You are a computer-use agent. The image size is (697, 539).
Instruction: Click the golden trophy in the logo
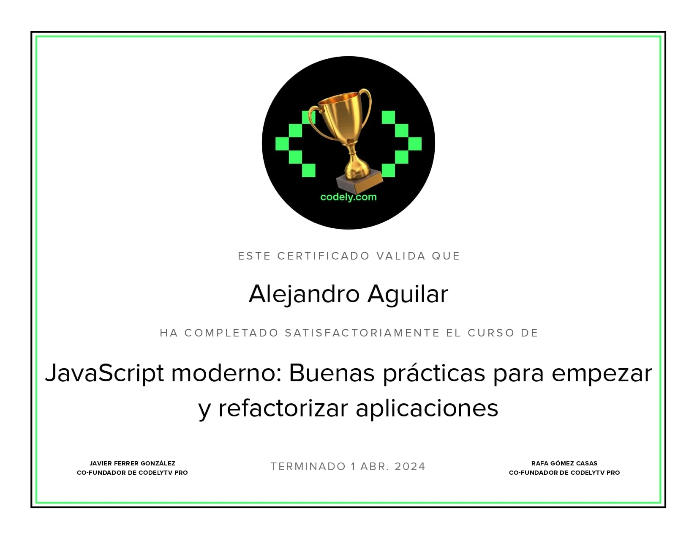[346, 127]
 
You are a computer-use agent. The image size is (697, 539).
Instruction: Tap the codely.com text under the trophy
[348, 197]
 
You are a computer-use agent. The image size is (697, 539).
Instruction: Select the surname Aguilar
[408, 294]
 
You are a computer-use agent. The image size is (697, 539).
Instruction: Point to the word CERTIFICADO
[324, 256]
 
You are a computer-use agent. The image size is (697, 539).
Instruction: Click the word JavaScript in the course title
[104, 373]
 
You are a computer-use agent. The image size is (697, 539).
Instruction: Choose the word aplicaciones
[427, 409]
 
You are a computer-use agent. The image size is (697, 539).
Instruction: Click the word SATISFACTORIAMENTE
[362, 333]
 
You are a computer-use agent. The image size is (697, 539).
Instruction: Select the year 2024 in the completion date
[410, 467]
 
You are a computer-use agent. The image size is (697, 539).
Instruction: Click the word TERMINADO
[308, 467]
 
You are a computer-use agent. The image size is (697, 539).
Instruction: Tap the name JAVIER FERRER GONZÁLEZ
[132, 463]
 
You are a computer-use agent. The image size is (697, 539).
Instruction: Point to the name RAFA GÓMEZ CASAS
[564, 463]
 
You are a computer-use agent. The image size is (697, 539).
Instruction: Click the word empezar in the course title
[602, 374]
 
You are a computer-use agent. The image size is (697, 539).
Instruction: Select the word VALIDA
[401, 256]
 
